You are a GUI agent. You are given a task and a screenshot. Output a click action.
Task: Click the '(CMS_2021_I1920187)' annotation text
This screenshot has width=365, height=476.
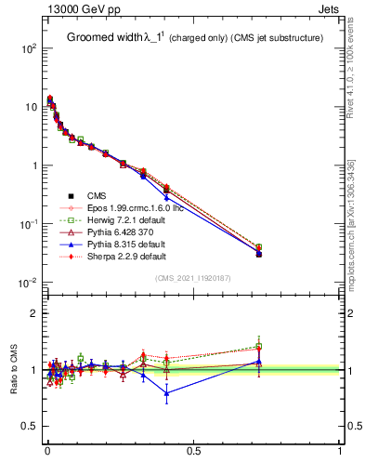tap(193, 278)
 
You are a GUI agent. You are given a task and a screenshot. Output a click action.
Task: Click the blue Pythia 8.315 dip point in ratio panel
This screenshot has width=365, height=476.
tap(166, 393)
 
